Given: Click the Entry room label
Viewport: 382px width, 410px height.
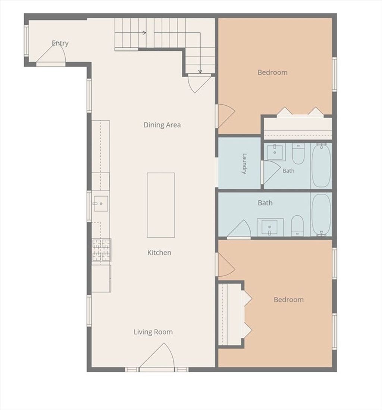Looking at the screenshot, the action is click(60, 43).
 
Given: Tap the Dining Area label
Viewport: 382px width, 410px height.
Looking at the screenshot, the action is click(162, 125).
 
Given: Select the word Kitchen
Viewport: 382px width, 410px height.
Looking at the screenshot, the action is click(159, 253).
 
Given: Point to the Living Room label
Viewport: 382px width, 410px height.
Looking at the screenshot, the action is click(153, 332).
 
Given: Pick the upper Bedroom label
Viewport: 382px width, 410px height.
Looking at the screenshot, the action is click(272, 72).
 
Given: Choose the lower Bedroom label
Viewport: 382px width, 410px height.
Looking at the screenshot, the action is click(289, 299).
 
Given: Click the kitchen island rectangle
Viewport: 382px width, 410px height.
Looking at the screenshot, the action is click(161, 205).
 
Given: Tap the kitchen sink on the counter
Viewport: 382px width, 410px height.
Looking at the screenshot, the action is click(101, 203).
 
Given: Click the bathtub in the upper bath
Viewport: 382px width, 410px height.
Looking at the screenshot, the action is click(322, 165).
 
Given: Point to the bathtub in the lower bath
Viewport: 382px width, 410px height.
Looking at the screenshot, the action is click(322, 215).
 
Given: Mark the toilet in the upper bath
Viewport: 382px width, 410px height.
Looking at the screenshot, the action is click(298, 154).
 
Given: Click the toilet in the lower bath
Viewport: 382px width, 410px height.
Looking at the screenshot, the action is click(297, 225).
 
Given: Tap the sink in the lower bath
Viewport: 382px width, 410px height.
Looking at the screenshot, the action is click(270, 227).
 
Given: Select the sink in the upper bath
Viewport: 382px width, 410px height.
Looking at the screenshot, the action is click(275, 152).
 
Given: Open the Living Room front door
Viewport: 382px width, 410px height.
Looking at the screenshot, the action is click(157, 357).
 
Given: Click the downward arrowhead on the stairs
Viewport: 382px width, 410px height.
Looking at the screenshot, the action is click(200, 71).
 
